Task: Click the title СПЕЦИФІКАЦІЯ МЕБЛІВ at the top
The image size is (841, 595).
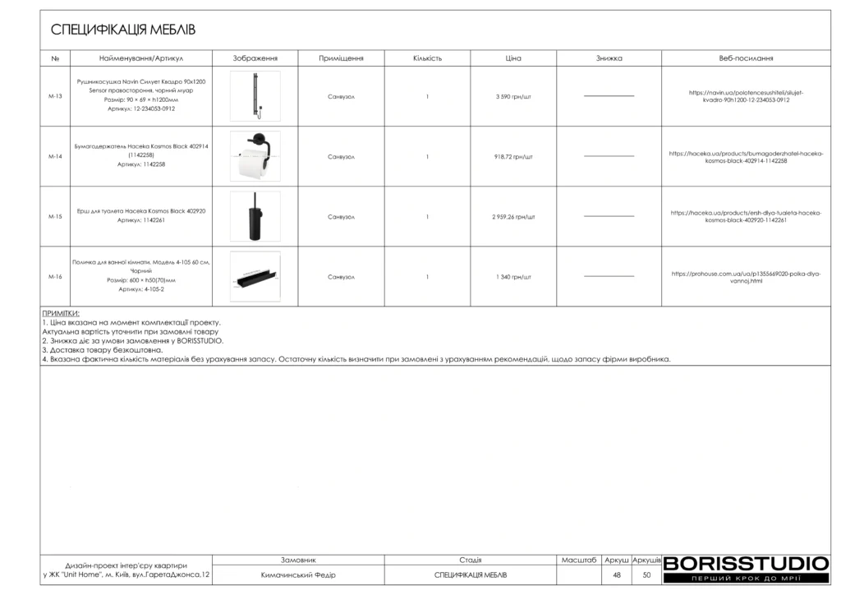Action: [x=123, y=30]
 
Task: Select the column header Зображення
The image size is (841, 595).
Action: [x=255, y=58]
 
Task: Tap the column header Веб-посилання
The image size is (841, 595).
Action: [x=746, y=58]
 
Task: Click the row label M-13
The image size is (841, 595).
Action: [x=55, y=96]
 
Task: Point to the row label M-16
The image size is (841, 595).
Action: [x=55, y=277]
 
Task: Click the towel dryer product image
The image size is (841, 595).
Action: [x=255, y=96]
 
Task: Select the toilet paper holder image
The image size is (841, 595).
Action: [x=255, y=156]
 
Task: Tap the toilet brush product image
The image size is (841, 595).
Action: [x=255, y=216]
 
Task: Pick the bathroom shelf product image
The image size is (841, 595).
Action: [x=255, y=277]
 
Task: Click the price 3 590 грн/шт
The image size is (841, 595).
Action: [x=513, y=96]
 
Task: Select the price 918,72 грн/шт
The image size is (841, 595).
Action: [x=513, y=156]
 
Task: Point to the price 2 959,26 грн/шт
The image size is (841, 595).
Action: [x=513, y=217]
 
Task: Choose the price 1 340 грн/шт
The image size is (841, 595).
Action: [x=513, y=277]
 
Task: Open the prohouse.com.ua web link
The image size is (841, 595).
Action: [x=746, y=277]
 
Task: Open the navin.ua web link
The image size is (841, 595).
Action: [x=746, y=96]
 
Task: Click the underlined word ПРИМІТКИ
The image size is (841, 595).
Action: [x=61, y=313]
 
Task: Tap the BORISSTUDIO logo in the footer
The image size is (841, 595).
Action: [x=746, y=564]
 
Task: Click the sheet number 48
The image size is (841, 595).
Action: [x=617, y=574]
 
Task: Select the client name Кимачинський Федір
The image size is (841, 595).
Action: [x=298, y=574]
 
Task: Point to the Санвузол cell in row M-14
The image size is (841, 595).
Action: [x=341, y=156]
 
